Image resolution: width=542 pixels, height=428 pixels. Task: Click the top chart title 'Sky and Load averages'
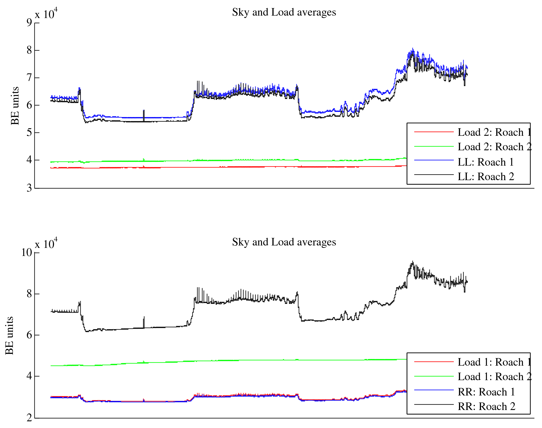coord(284,12)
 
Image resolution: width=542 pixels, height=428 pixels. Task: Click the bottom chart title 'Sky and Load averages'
coord(284,242)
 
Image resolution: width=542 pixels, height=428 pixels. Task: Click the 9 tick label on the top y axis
coord(29,23)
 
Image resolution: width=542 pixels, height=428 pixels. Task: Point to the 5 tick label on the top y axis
coord(29,133)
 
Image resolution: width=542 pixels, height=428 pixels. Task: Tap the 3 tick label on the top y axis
coord(29,188)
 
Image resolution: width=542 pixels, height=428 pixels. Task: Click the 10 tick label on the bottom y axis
coord(27,253)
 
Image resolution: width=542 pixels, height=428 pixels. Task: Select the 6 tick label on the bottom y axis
coord(29,335)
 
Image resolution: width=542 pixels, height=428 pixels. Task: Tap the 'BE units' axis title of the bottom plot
coord(9,336)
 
